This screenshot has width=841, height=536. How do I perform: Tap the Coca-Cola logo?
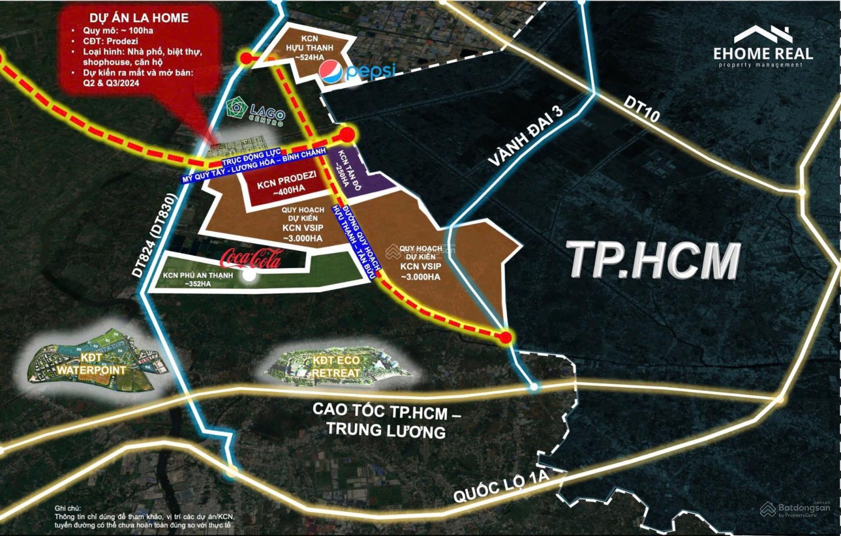(251, 259)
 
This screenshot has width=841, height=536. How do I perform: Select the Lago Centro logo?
(255, 110)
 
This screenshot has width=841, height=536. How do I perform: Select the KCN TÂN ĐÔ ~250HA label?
(343, 168)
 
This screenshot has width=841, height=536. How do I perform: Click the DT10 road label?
(641, 109)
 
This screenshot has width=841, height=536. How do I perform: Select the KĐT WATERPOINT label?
(91, 364)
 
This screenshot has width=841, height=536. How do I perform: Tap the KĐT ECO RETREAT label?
(336, 366)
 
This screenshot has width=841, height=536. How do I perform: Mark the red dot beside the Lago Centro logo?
(346, 135)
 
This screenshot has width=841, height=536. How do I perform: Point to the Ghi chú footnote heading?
(68, 508)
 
